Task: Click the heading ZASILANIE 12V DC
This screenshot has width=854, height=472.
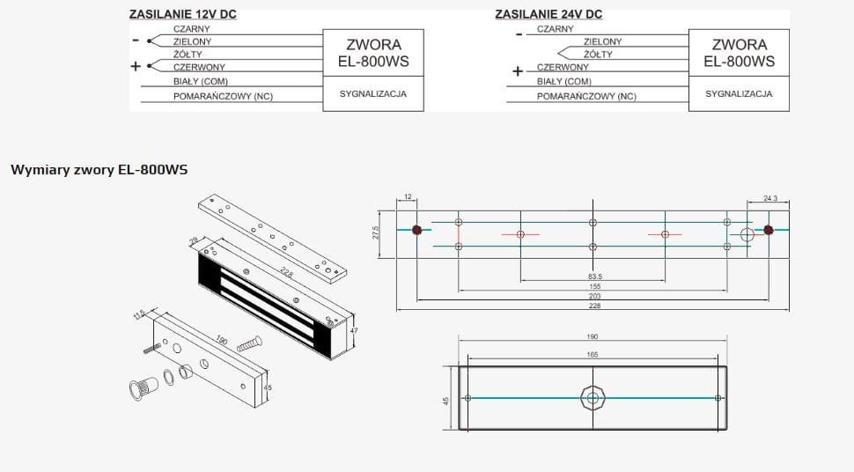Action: pyautogui.click(x=182, y=15)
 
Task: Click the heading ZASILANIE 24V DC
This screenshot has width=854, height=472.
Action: pyautogui.click(x=548, y=14)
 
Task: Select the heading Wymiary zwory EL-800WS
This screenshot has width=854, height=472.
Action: pyautogui.click(x=99, y=170)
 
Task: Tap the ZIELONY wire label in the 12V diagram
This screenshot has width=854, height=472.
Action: pyautogui.click(x=192, y=41)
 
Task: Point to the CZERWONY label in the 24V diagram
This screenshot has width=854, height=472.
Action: pyautogui.click(x=563, y=67)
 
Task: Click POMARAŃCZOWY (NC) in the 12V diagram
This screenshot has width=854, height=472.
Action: pyautogui.click(x=223, y=96)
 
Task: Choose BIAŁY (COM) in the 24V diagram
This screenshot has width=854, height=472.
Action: pyautogui.click(x=564, y=81)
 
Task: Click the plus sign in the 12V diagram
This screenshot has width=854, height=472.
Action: pyautogui.click(x=135, y=66)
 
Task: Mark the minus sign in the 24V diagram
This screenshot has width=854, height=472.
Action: pyautogui.click(x=519, y=34)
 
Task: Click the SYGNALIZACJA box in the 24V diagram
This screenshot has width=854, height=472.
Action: pyautogui.click(x=738, y=93)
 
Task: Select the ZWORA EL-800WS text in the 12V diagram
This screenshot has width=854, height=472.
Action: pyautogui.click(x=373, y=53)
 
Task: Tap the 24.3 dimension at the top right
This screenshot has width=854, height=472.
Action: pyautogui.click(x=770, y=199)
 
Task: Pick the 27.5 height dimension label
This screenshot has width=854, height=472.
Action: pyautogui.click(x=376, y=233)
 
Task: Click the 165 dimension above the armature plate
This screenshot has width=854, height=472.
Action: pyautogui.click(x=592, y=354)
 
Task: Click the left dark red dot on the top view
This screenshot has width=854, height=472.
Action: pyautogui.click(x=416, y=231)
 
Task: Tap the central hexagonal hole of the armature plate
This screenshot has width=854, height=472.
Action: pyautogui.click(x=593, y=398)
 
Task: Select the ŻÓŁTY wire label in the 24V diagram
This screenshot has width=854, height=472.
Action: pyautogui.click(x=598, y=54)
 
